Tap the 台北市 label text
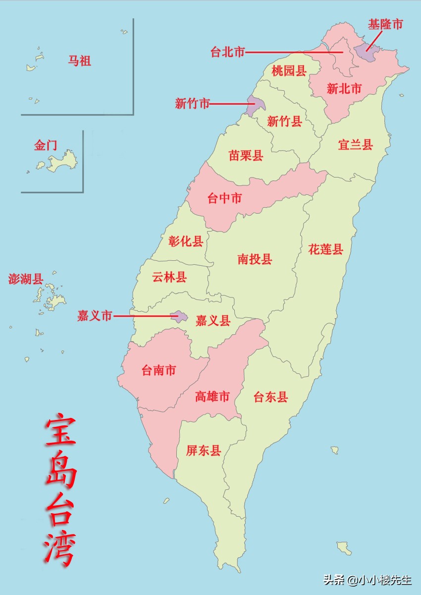pyautogui.click(x=228, y=52)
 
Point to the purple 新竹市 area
pyautogui.click(x=254, y=106)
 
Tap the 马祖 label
pyautogui.click(x=79, y=61)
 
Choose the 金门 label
pyautogui.click(x=46, y=145)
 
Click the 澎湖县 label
pyautogui.click(x=26, y=279)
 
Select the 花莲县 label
pyautogui.click(x=326, y=249)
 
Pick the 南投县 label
pyautogui.click(x=255, y=259)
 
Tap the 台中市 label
pyautogui.click(x=224, y=198)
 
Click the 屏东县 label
pyautogui.click(x=203, y=450)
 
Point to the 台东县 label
pyautogui.click(x=271, y=397)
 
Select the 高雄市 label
pyautogui.click(x=212, y=397)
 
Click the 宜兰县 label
pyautogui.click(x=355, y=145)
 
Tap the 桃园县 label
pyautogui.click(x=289, y=70)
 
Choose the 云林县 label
pyautogui.click(x=169, y=277)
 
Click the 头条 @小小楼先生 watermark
pyautogui.click(x=368, y=580)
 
